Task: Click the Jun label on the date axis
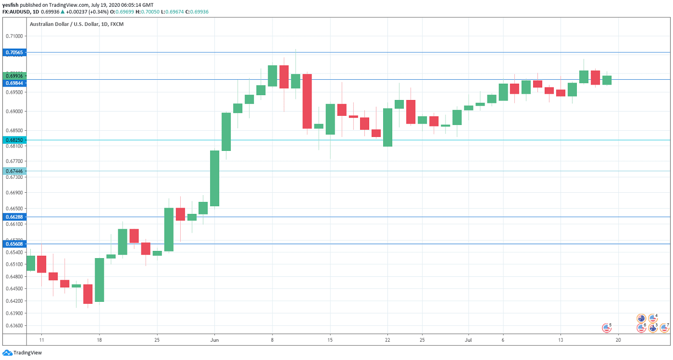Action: click(x=214, y=339)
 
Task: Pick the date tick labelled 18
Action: click(x=99, y=339)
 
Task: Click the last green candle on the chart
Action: click(x=607, y=80)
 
